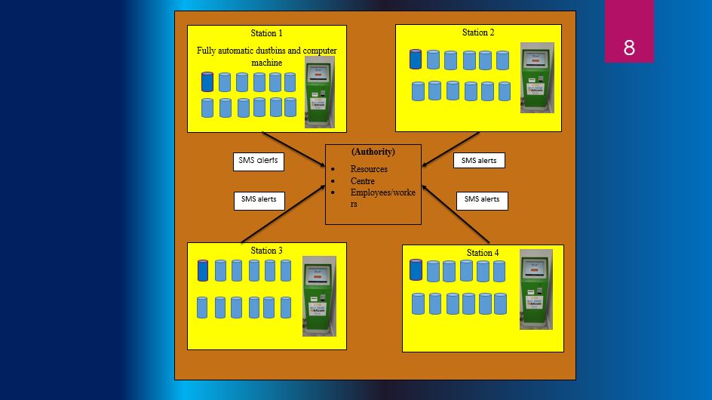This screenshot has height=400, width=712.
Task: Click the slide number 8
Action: [x=629, y=48]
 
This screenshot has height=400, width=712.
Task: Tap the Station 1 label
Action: [x=266, y=33]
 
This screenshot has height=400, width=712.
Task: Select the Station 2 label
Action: [x=478, y=32]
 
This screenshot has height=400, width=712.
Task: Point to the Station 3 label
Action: [x=266, y=251]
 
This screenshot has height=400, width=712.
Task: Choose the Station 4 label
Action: [x=483, y=253]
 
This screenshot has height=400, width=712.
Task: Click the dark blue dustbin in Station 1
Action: [x=207, y=82]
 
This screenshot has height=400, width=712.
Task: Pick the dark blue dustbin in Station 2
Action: [x=416, y=59]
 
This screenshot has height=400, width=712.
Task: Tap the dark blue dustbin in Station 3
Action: [x=203, y=270]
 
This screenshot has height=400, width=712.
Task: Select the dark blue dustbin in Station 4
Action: [x=416, y=269]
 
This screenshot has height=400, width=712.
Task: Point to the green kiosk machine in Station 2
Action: [x=537, y=78]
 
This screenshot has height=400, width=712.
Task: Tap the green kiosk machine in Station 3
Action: [x=319, y=296]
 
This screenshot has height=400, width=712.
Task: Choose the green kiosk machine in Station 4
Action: [x=536, y=289]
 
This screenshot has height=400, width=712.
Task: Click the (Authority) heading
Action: [x=373, y=152]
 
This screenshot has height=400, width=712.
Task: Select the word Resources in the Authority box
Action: [x=369, y=169]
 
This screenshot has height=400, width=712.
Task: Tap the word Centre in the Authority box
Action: [x=362, y=181]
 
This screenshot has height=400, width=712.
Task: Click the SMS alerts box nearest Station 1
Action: [x=258, y=161]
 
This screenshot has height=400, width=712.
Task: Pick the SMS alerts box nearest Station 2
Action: [x=479, y=161]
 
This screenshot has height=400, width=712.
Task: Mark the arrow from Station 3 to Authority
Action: [x=283, y=214]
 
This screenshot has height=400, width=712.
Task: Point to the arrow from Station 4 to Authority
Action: [x=456, y=214]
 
